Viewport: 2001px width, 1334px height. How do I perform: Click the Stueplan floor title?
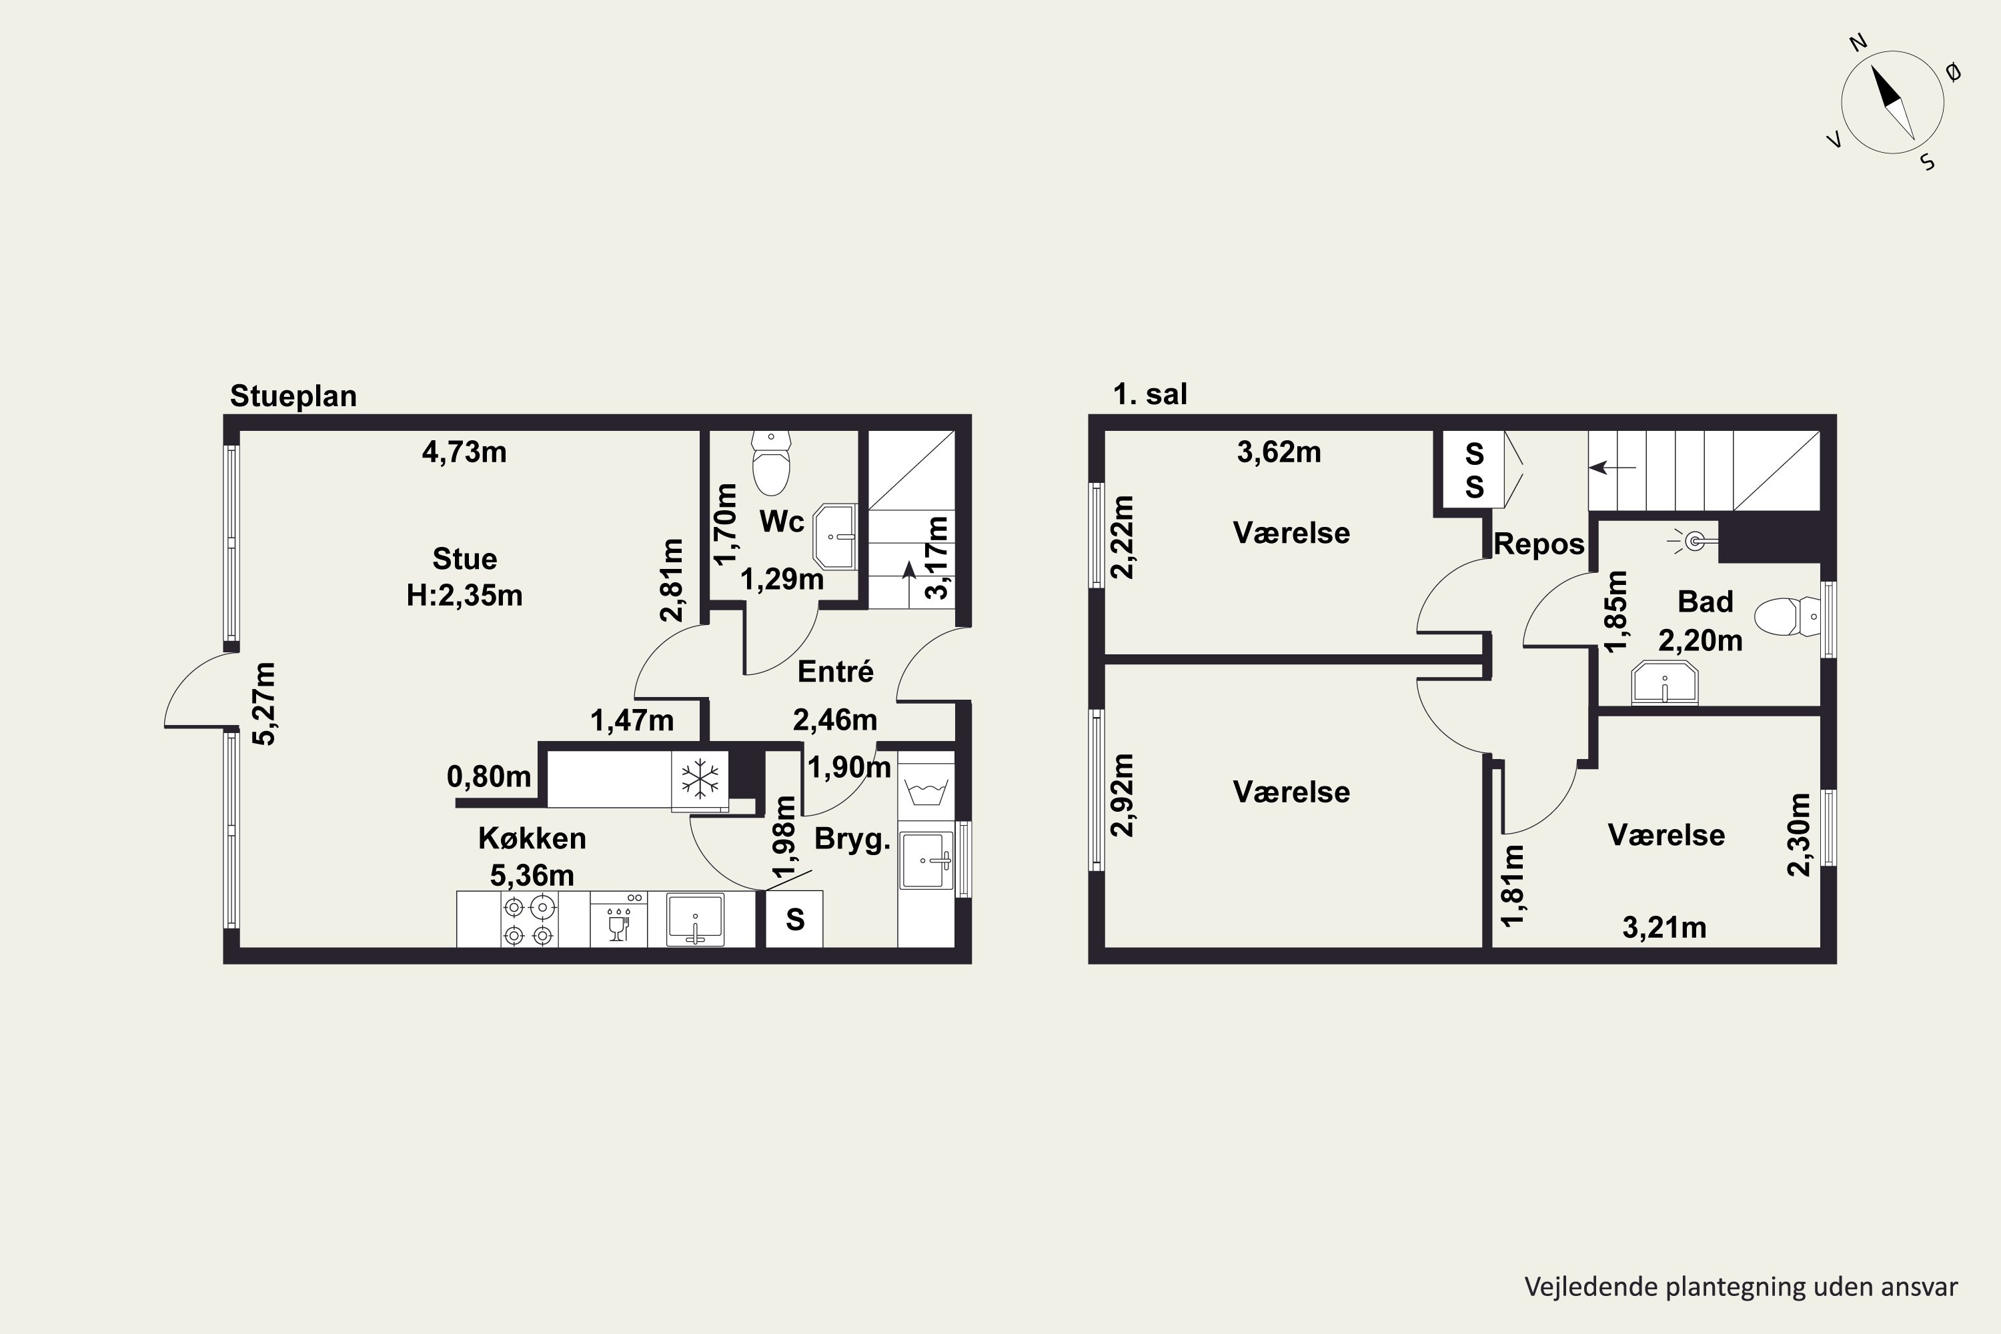tap(293, 396)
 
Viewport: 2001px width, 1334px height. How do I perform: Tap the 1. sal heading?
tap(1150, 394)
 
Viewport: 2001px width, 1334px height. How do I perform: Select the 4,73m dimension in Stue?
tap(464, 452)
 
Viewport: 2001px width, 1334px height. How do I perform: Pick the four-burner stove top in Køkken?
tap(529, 921)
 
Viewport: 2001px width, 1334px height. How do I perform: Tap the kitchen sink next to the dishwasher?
tap(695, 920)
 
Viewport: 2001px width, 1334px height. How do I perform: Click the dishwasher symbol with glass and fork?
tap(618, 920)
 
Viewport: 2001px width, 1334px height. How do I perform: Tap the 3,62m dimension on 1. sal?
tap(1279, 452)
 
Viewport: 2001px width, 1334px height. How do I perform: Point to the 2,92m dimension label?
tap(1123, 794)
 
